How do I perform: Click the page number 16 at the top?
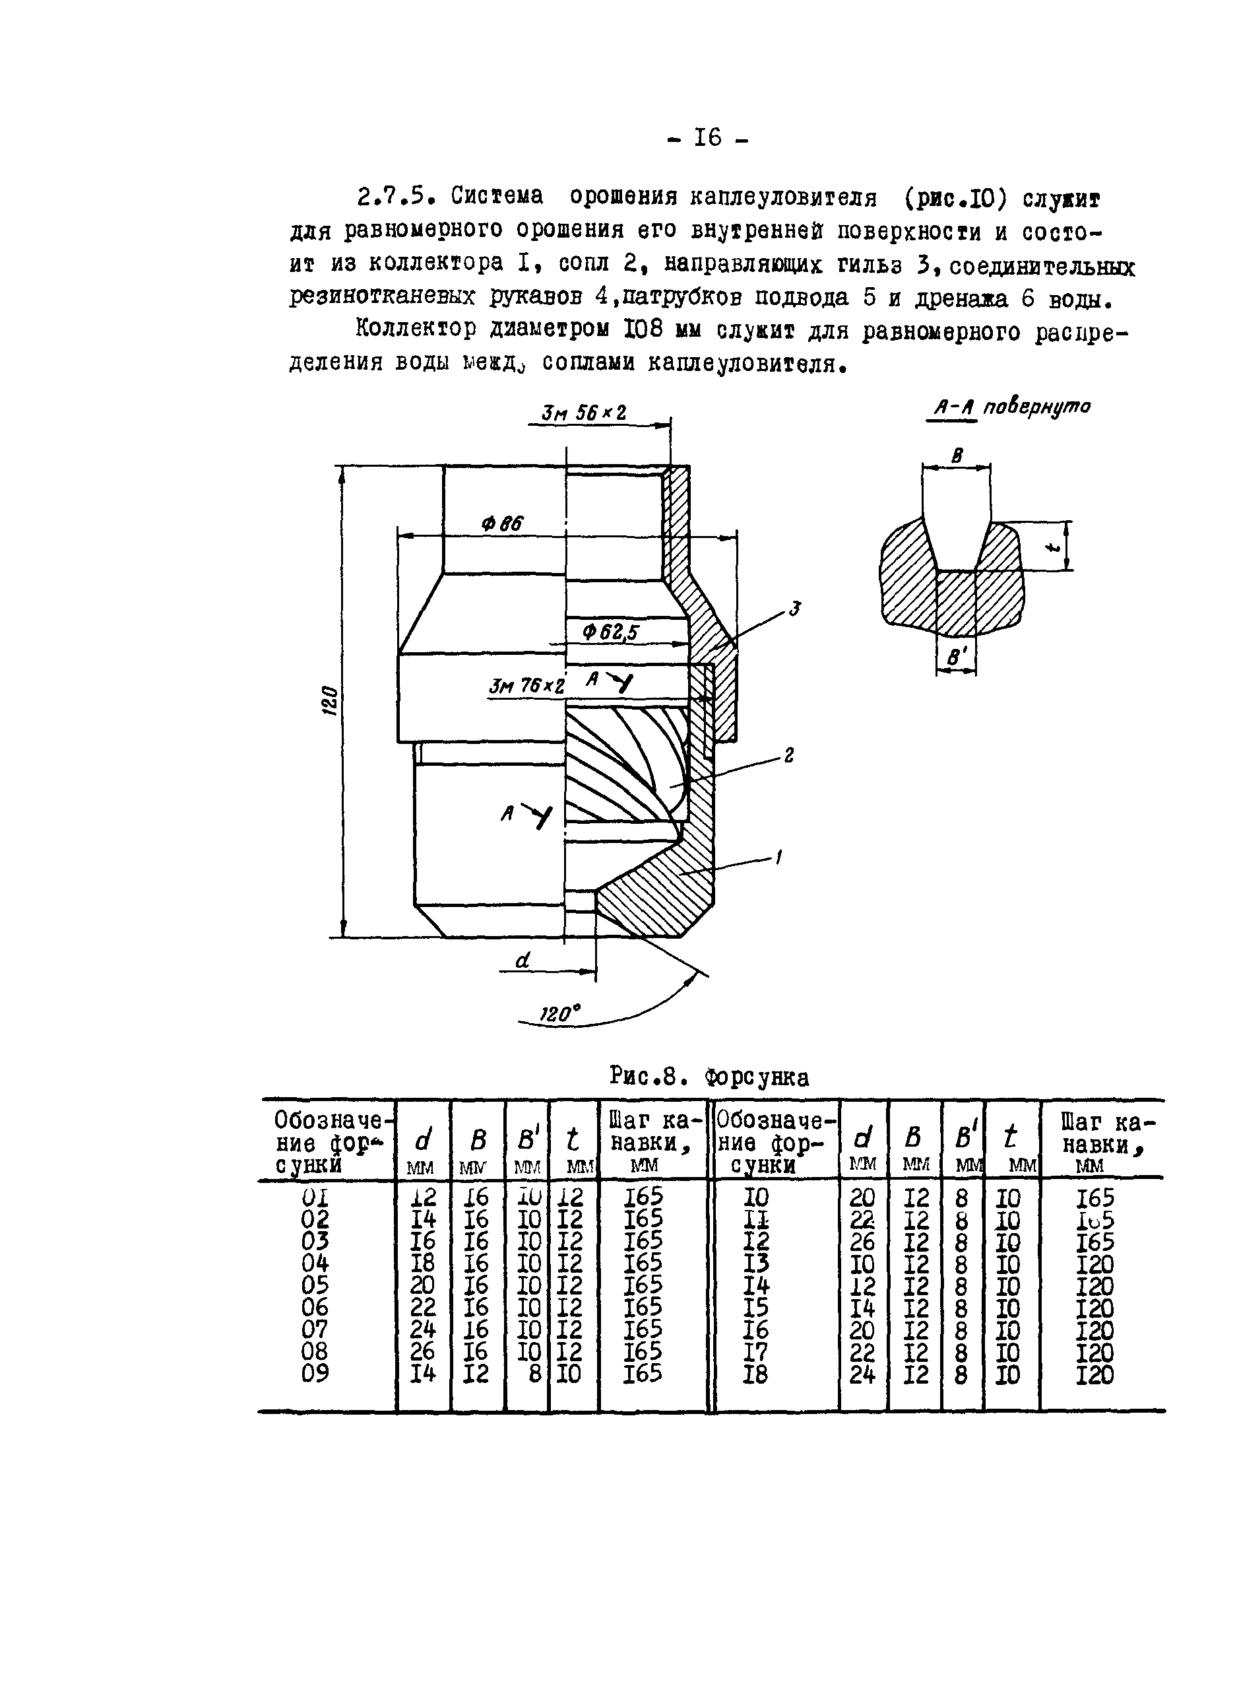pos(706,138)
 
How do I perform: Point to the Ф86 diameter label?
pos(503,523)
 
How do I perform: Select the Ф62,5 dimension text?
pos(610,633)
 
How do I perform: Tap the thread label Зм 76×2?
pos(526,686)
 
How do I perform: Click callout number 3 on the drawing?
pos(794,610)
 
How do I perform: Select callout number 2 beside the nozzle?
pos(788,757)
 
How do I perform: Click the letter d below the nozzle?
pos(523,960)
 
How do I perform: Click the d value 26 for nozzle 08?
pos(423,1354)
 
